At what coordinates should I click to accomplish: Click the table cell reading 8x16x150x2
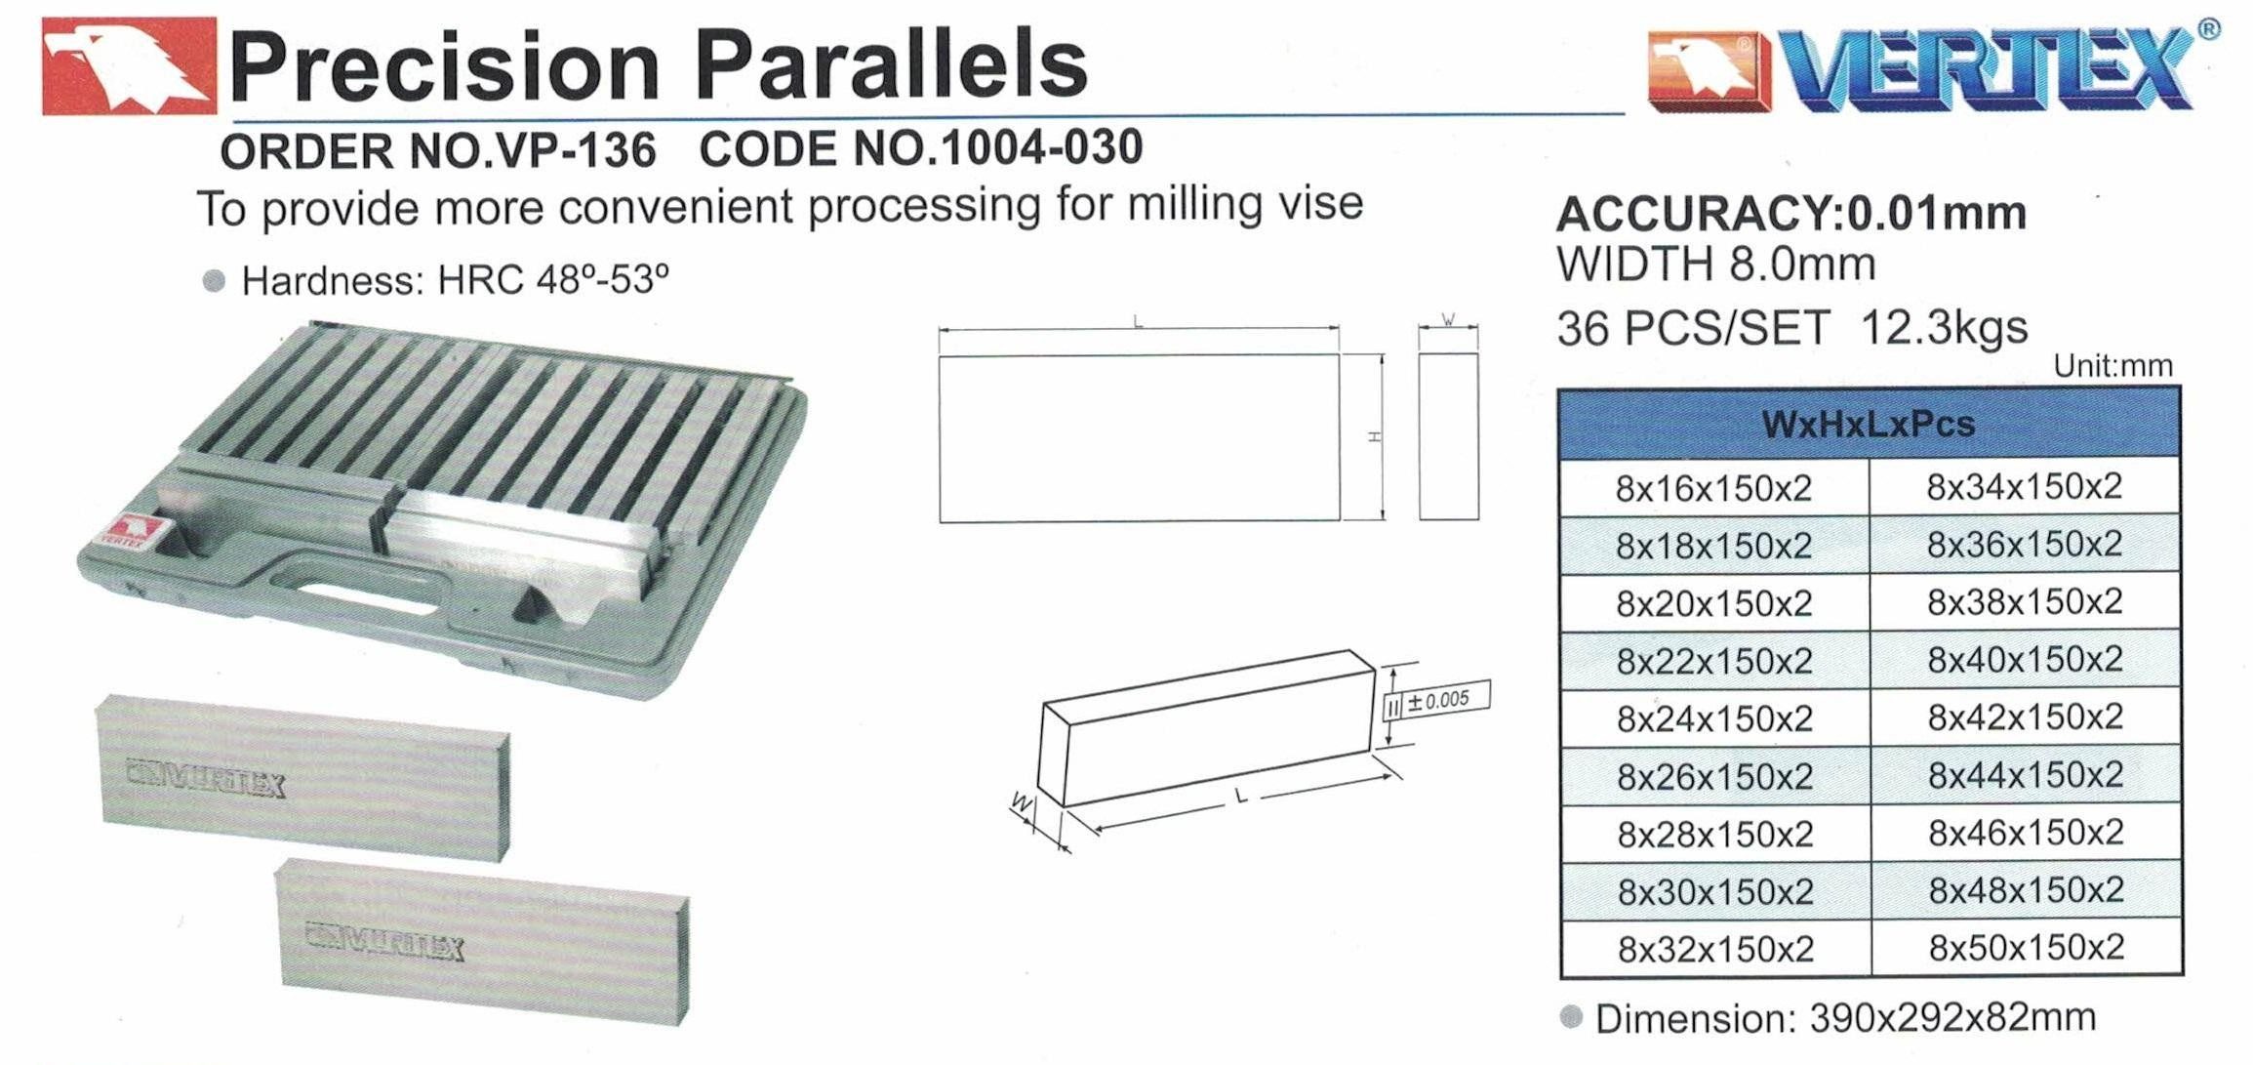pyautogui.click(x=1713, y=488)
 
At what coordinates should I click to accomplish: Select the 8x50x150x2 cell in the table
pyautogui.click(x=2026, y=948)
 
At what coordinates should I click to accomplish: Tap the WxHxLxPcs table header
pyautogui.click(x=1868, y=425)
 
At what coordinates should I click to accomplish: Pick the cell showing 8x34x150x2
pyautogui.click(x=2024, y=486)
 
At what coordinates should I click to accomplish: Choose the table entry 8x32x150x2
pyautogui.click(x=1715, y=949)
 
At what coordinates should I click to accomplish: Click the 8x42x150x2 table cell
pyautogui.click(x=2025, y=717)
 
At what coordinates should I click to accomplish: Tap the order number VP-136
pyautogui.click(x=575, y=150)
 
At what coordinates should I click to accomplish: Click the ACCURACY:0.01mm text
pyautogui.click(x=1790, y=214)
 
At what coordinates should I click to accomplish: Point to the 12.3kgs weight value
pyautogui.click(x=1944, y=327)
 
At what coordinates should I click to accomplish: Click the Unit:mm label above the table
pyautogui.click(x=2112, y=366)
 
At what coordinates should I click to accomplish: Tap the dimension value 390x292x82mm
pyautogui.click(x=1951, y=1018)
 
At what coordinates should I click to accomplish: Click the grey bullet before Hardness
pyautogui.click(x=214, y=281)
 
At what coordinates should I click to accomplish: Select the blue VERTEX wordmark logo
pyautogui.click(x=1986, y=68)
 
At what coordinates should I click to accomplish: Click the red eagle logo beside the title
pyautogui.click(x=129, y=65)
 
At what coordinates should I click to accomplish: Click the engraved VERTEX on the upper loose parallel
pyautogui.click(x=206, y=778)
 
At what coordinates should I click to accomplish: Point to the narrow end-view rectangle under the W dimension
pyautogui.click(x=1448, y=436)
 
